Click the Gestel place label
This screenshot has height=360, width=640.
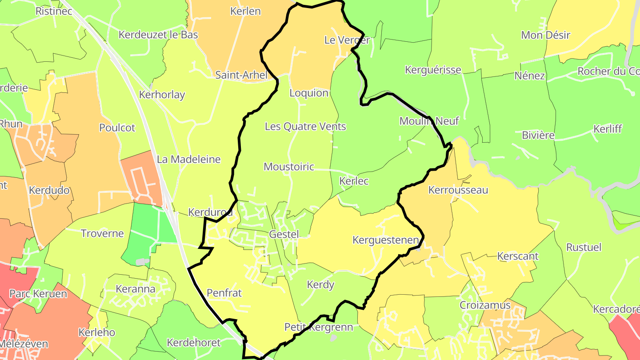284,234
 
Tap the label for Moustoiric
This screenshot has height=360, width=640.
289,167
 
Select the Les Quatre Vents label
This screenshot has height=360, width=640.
305,127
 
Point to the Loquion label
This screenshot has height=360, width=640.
309,93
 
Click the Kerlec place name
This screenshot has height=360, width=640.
354,181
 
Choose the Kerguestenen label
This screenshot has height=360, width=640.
386,240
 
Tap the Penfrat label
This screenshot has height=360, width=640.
224,293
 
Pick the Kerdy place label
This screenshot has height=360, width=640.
320,285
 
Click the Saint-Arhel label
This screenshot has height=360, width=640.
242,75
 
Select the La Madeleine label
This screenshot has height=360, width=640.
189,159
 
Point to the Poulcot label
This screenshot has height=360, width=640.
117,128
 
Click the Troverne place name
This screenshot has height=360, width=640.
102,233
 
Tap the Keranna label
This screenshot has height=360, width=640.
136,289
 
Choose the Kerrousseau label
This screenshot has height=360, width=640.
458,190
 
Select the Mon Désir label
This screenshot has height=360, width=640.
545,35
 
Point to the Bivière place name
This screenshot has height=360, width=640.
539,135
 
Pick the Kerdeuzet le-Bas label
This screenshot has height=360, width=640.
158,35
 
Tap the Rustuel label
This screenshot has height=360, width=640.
584,247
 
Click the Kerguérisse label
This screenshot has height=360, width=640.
433,70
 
